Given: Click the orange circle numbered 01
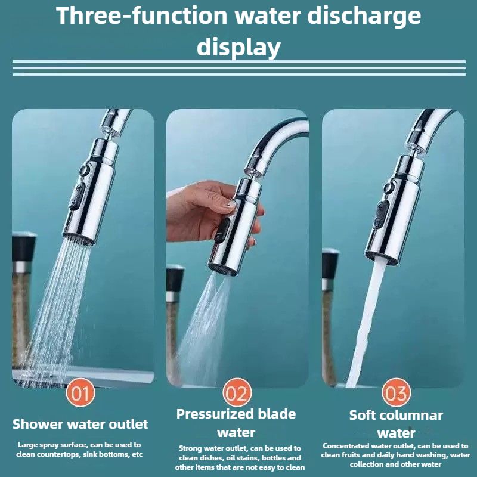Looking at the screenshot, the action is (80, 392).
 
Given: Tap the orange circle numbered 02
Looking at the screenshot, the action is (237, 392).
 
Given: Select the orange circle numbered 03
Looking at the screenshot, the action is (396, 392).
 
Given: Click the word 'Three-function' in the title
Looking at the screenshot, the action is (142, 16).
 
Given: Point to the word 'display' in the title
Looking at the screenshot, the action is (238, 47).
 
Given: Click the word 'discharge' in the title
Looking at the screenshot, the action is (364, 17).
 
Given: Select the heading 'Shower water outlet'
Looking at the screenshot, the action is (80, 424).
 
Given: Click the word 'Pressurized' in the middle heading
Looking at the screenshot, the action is (215, 414).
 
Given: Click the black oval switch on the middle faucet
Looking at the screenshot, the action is (222, 230).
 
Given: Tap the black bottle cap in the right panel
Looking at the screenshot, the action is (330, 264).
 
